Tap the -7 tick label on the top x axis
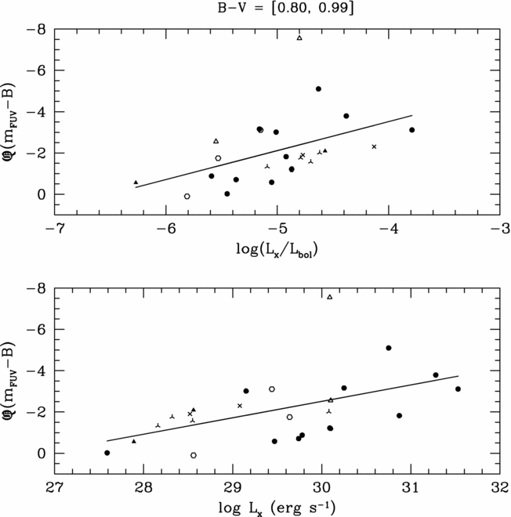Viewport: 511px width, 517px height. pos(53,229)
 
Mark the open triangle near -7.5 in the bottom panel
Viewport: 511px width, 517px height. pos(330,297)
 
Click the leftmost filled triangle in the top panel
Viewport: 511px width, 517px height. pos(136,183)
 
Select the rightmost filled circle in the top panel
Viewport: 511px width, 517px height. pos(412,130)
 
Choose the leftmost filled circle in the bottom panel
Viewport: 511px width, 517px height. pos(107,453)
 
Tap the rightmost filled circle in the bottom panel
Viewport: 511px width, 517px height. pos(458,389)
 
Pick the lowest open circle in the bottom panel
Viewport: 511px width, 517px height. pos(194,455)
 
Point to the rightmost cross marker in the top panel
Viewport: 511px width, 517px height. pos(374,146)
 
